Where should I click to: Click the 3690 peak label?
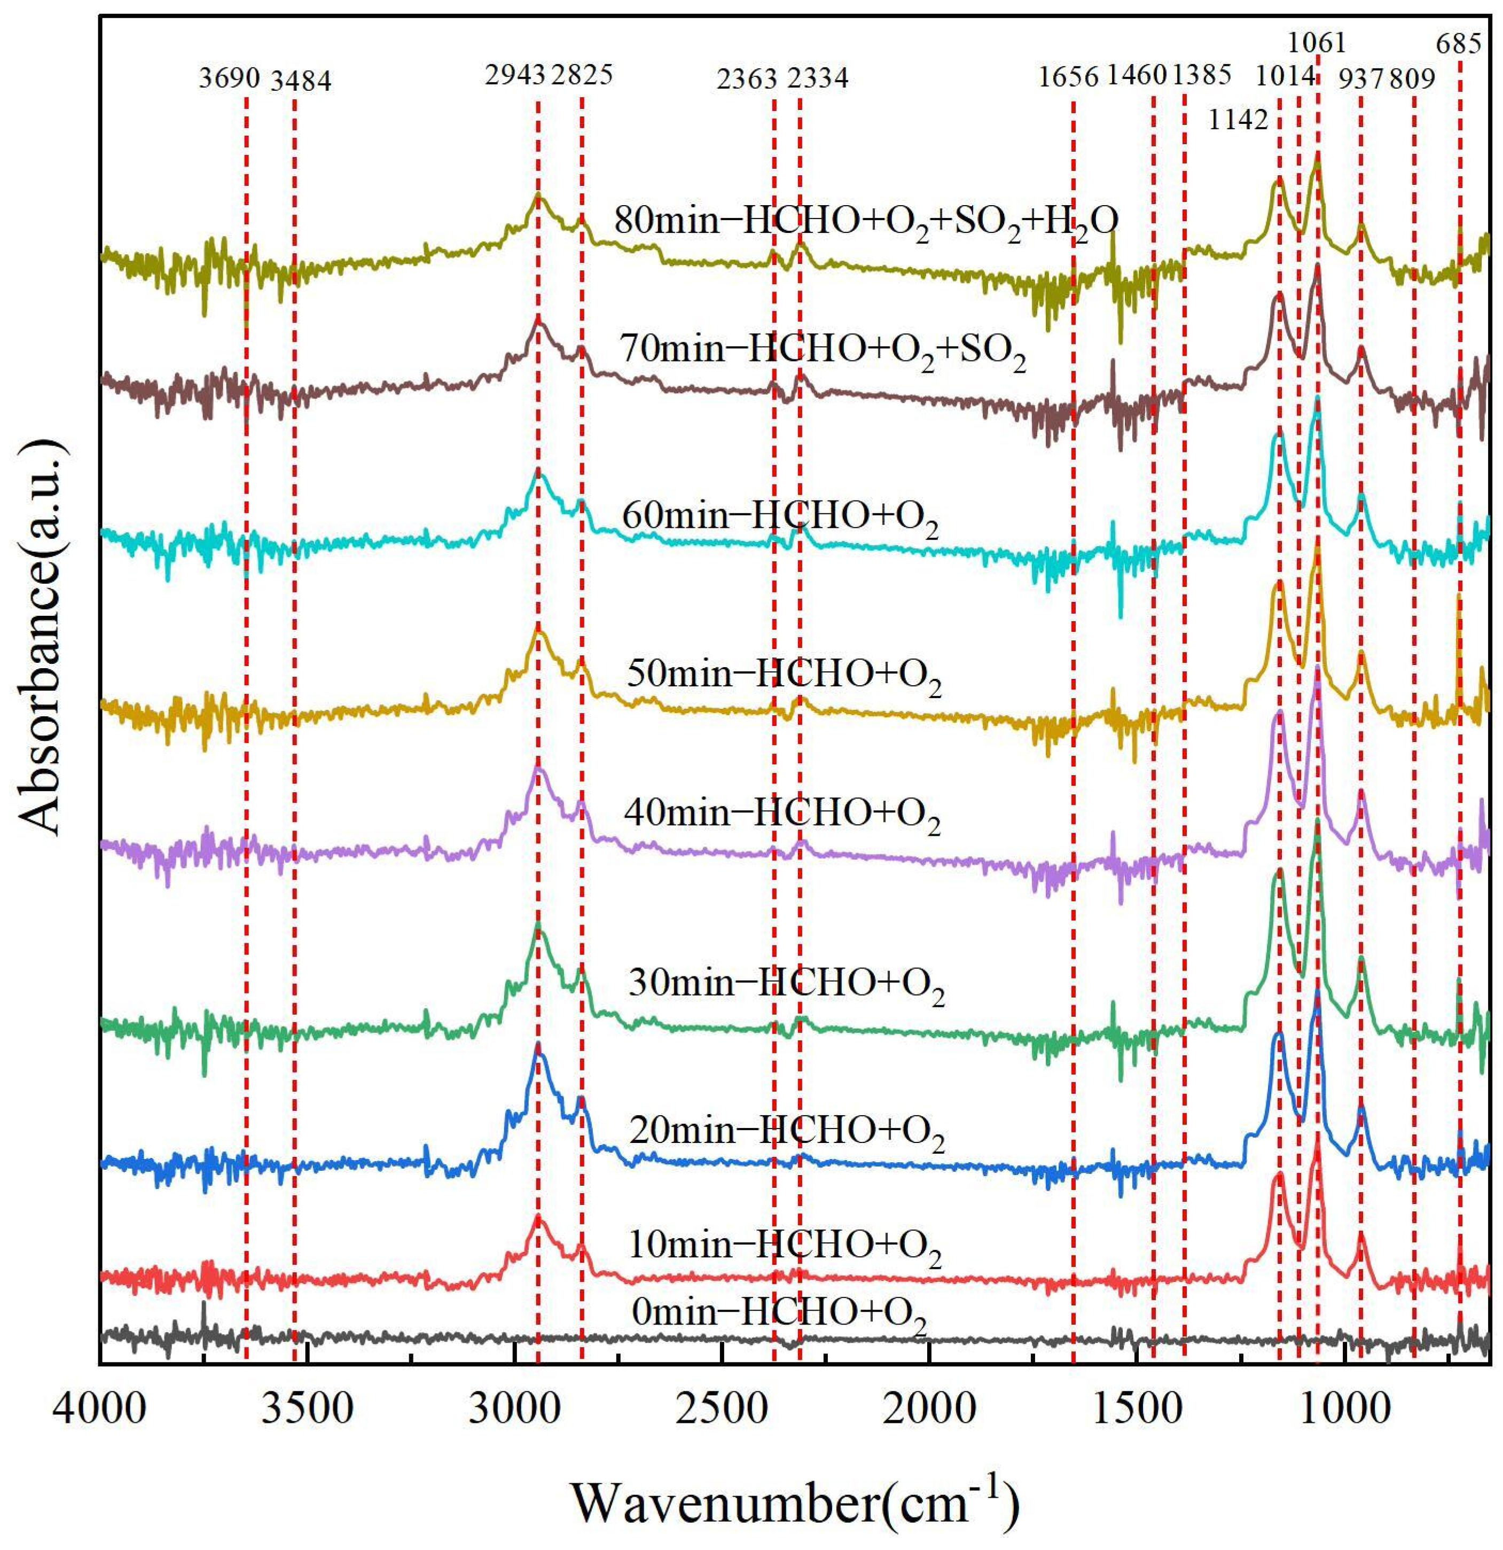click(x=229, y=79)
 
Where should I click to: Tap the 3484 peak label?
click(x=301, y=80)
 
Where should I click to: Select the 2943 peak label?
click(x=515, y=75)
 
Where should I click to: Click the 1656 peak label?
click(x=1069, y=77)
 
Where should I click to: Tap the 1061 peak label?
click(x=1317, y=41)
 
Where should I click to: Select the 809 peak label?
click(x=1412, y=79)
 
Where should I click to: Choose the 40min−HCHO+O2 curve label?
click(x=782, y=815)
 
